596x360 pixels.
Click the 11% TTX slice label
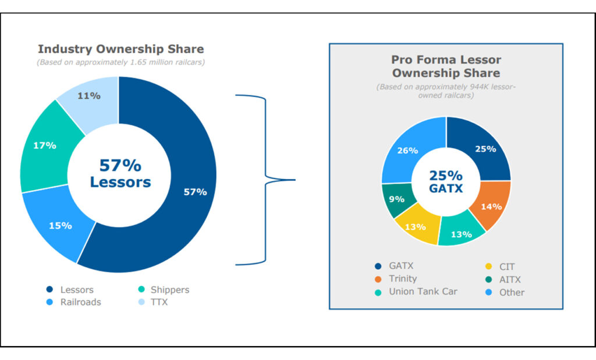89,95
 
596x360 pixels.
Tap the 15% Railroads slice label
61,225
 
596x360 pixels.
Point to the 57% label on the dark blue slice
195,192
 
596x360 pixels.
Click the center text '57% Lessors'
120,174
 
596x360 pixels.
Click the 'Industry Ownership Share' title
120,49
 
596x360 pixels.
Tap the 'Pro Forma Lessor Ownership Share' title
446,66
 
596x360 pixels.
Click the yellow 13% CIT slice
415,226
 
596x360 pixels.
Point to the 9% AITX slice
396,199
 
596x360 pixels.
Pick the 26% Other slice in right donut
407,151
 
